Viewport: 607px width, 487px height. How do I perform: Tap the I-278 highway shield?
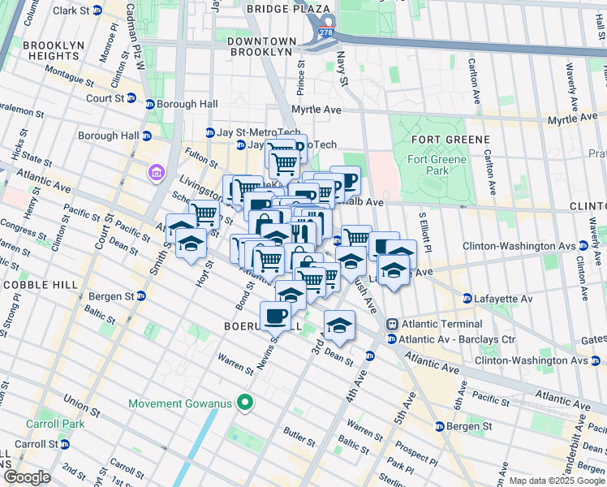(326, 32)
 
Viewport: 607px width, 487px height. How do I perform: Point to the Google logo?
(27, 477)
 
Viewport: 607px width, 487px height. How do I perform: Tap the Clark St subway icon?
(97, 11)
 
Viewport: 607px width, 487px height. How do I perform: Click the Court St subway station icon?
(150, 104)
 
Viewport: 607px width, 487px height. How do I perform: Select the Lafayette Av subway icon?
(467, 299)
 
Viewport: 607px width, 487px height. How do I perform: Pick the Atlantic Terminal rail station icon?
(392, 323)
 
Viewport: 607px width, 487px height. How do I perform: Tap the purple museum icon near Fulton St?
(155, 172)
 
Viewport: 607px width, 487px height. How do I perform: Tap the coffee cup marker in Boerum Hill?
(275, 315)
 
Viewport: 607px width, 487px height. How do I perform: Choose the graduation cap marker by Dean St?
(339, 325)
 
